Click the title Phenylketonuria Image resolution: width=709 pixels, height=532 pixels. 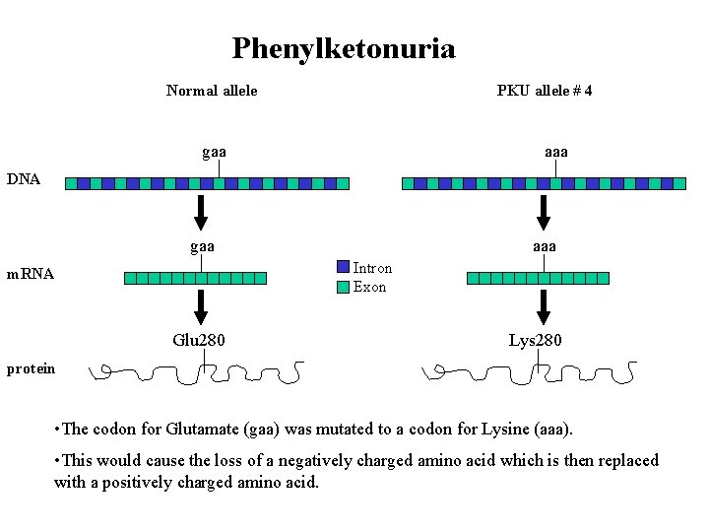[x=344, y=48]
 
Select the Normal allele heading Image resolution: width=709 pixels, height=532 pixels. [x=212, y=91]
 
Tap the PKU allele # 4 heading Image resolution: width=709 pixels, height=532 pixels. [x=545, y=91]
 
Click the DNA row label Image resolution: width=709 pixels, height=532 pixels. [x=24, y=179]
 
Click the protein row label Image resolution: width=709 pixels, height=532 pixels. [x=31, y=368]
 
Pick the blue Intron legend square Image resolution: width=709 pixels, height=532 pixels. [x=343, y=267]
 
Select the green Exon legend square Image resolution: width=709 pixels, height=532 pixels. [x=343, y=287]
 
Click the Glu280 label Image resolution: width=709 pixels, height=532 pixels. [x=199, y=341]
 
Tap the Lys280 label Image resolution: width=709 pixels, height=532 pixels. [x=536, y=341]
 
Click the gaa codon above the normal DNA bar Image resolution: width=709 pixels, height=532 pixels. [x=214, y=152]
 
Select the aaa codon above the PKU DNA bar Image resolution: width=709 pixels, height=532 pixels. [x=556, y=152]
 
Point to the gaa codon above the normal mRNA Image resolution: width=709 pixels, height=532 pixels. [x=202, y=246]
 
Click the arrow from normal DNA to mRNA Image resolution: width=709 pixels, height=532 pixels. [x=201, y=212]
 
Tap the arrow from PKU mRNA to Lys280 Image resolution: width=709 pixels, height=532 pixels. [x=543, y=306]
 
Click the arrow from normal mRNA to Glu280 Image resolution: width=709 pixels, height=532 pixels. [x=201, y=306]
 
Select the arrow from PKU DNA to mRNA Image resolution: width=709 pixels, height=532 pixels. [x=543, y=212]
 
